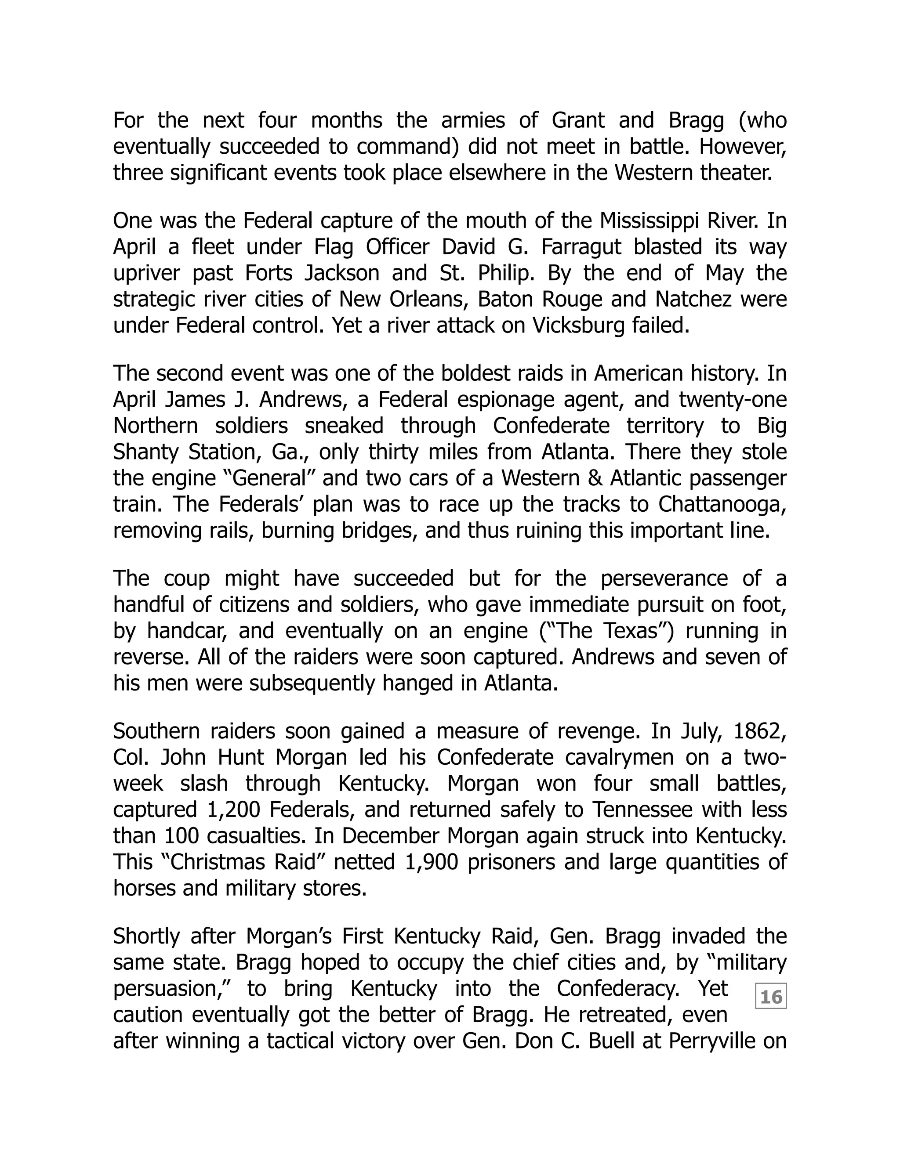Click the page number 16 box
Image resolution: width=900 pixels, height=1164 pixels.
click(770, 997)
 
